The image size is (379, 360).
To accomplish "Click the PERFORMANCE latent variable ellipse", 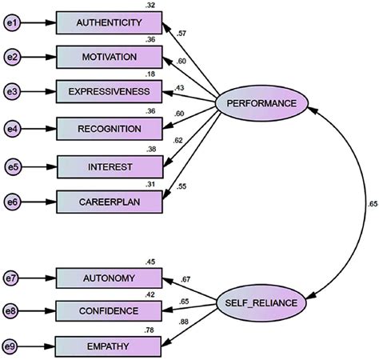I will [x=261, y=104].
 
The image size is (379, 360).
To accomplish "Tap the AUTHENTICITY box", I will [x=109, y=24].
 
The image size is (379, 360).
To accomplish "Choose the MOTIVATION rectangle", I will [x=109, y=58].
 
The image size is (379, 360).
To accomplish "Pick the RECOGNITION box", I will [x=109, y=128].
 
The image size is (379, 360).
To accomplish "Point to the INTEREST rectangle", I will [x=109, y=166].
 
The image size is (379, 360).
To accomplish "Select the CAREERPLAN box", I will [x=109, y=202].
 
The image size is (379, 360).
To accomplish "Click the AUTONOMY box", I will [x=109, y=278].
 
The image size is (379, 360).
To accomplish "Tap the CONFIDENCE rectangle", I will [x=109, y=310].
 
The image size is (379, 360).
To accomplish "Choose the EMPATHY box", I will [x=109, y=346].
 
